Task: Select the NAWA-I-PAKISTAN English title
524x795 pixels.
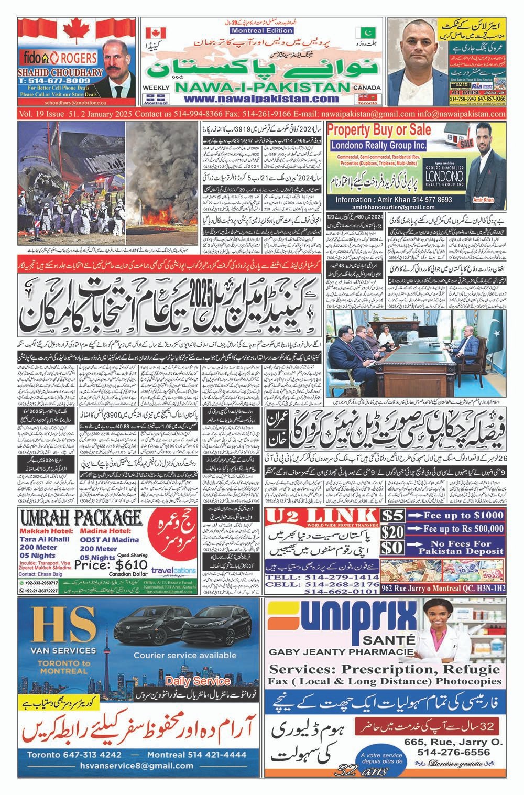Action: pyautogui.click(x=260, y=87)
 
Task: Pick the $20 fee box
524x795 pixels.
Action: pyautogui.click(x=393, y=532)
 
